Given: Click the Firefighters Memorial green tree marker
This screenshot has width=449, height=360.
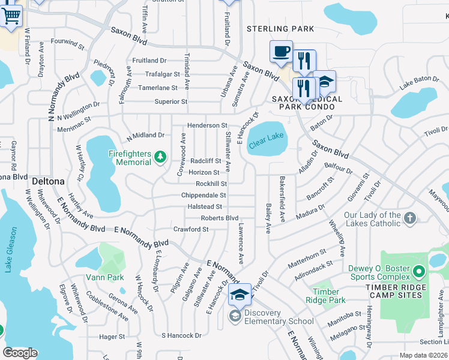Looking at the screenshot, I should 160,157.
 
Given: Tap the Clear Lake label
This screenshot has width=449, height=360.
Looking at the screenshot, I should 267,136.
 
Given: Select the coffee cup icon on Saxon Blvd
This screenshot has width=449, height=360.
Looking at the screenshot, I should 280,52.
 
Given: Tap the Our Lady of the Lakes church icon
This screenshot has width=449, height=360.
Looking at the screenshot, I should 409,218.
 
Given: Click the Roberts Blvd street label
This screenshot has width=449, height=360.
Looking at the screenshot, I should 220,218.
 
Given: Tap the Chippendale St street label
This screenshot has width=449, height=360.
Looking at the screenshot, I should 204,196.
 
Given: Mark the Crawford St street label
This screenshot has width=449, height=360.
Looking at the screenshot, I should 191,229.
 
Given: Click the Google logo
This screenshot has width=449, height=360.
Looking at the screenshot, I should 20,352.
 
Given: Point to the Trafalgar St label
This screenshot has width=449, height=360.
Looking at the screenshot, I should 163,74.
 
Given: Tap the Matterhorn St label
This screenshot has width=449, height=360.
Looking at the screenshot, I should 306,257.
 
